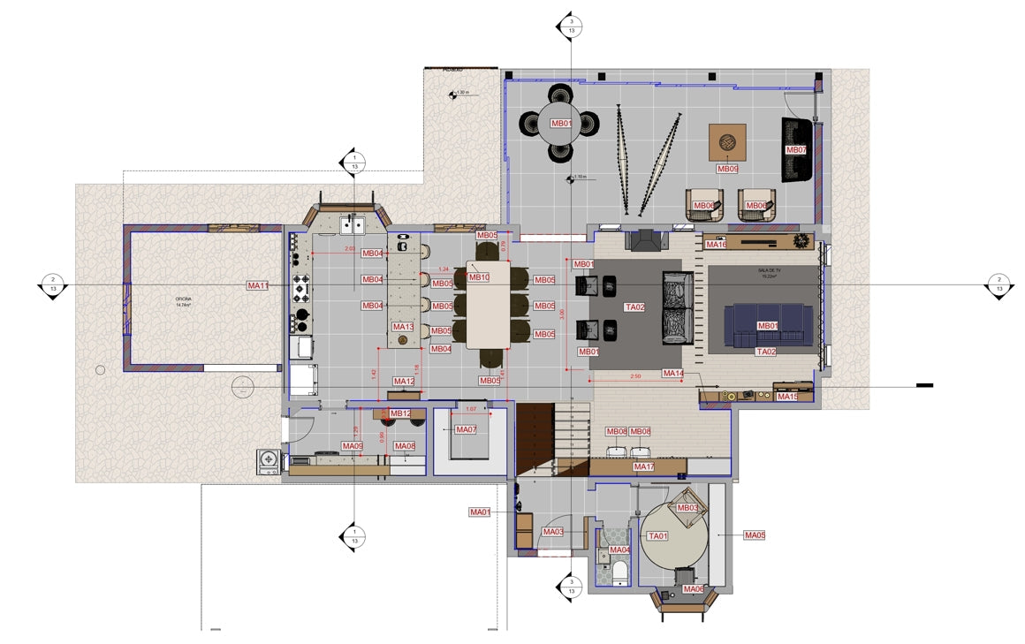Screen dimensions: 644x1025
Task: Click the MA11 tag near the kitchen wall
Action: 258,285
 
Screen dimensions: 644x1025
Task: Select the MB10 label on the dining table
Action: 479,277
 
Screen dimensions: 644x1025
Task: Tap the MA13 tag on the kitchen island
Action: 403,327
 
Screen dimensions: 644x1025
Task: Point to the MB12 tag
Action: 400,413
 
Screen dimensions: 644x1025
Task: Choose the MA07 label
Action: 466,429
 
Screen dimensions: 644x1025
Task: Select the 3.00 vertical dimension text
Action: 562,314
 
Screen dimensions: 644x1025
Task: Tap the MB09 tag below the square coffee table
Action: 727,169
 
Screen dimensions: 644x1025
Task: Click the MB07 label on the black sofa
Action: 796,150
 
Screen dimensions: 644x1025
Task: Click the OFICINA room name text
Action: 184,300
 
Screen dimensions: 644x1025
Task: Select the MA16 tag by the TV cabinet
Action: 715,245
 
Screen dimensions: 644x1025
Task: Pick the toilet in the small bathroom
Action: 619,572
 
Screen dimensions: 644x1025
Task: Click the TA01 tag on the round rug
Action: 658,536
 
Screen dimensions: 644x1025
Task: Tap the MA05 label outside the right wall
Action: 755,535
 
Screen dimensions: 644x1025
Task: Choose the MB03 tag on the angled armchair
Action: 687,508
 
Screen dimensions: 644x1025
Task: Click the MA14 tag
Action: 673,374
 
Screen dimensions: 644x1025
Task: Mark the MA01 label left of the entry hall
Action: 480,512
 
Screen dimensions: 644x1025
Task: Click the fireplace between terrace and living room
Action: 642,239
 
